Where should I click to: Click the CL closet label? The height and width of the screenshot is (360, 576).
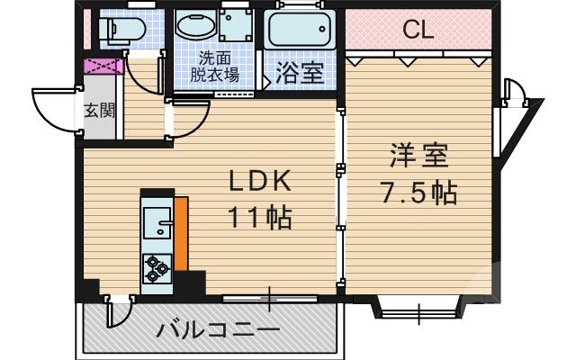coord(418,30)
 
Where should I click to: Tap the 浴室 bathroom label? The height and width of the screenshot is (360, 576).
coord(300,73)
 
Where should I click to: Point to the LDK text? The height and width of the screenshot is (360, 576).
coord(259,183)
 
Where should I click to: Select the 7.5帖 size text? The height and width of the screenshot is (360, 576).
coord(419,193)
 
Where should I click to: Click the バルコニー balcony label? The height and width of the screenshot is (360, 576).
coord(218,330)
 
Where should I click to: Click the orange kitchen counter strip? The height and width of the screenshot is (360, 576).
coord(181,234)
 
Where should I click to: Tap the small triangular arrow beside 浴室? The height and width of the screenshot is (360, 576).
coord(265,79)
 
